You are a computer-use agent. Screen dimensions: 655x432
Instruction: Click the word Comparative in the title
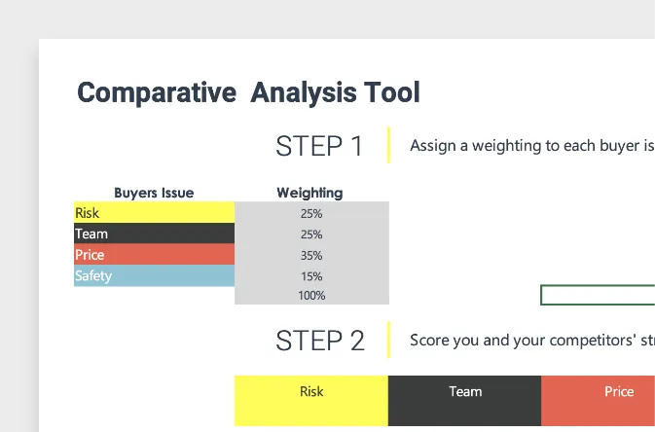157,92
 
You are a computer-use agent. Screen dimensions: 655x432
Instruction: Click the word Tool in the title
392,91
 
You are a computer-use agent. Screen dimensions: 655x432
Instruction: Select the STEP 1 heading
319,146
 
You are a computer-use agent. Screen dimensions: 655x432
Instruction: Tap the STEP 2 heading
320,341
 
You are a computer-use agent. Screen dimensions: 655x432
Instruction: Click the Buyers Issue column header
154,193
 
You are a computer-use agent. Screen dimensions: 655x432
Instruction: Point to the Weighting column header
309,193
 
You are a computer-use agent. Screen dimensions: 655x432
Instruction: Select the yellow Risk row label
154,212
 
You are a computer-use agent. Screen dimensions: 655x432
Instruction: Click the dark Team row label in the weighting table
154,234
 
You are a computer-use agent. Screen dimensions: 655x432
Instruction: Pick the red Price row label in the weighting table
154,254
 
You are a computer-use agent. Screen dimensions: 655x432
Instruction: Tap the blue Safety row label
154,275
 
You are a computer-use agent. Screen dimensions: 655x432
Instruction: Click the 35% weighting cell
311,255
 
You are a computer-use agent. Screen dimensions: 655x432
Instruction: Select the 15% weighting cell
311,276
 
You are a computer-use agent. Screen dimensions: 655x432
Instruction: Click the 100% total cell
311,296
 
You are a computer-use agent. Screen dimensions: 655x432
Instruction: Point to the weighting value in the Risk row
311,213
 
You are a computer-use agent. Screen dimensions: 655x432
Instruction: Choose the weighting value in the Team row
311,234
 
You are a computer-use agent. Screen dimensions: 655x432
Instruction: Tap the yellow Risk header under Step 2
311,400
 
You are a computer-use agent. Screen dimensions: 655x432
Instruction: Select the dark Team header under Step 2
464,400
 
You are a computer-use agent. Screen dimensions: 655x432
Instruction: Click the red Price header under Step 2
599,400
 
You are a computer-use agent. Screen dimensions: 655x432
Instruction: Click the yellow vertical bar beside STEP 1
389,145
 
